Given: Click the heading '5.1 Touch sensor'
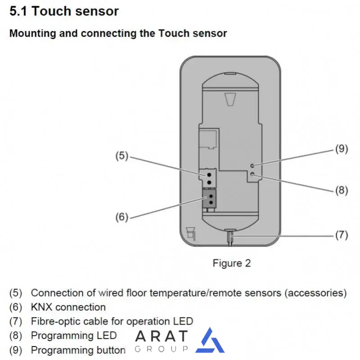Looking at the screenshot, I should click(x=64, y=12).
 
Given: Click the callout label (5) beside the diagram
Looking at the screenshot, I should click(x=121, y=156).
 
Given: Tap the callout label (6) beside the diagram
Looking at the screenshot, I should click(x=121, y=217).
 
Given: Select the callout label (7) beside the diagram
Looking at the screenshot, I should click(x=342, y=235).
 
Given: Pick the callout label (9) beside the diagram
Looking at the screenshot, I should click(x=342, y=149).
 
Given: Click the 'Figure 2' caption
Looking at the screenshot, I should click(x=231, y=263).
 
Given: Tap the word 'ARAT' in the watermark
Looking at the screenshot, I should click(x=162, y=336).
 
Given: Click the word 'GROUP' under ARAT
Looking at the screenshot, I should click(x=162, y=349).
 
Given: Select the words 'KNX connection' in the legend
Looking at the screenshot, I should click(x=68, y=307).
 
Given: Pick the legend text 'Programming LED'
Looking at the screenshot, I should click(x=74, y=335).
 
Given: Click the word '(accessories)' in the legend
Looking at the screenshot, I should click(x=317, y=293).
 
